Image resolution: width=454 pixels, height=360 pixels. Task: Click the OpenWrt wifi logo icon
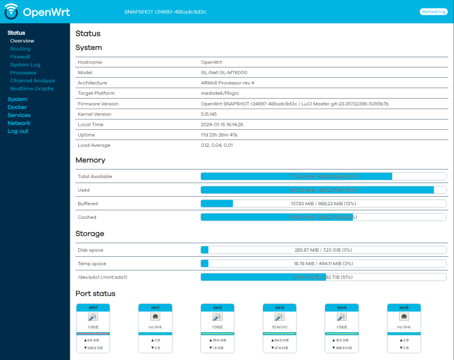(11, 11)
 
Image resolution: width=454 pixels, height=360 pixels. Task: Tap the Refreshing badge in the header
(433, 11)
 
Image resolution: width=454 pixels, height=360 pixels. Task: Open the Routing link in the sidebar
(20, 49)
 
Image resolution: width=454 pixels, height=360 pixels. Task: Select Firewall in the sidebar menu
(20, 57)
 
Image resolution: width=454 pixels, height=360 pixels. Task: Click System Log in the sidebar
(25, 65)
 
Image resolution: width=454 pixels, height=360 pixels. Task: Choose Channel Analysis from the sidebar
(32, 81)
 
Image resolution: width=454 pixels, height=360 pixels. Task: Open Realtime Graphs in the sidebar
(32, 88)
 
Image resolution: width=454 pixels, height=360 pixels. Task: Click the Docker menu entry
(17, 107)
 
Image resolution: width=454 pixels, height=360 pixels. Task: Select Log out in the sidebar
(18, 131)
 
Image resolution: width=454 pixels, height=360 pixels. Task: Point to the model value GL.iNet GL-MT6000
(224, 73)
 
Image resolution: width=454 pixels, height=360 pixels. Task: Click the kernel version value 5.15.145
(209, 114)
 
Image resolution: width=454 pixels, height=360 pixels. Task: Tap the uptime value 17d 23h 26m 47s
(219, 135)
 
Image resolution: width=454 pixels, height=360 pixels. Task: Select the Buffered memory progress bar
(323, 204)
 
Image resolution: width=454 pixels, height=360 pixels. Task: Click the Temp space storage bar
(323, 264)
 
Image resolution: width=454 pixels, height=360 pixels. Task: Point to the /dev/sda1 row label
(102, 277)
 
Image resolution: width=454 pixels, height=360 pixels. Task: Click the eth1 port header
(93, 307)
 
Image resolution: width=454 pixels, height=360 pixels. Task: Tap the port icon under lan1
(155, 317)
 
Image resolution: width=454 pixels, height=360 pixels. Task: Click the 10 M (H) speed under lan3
(279, 327)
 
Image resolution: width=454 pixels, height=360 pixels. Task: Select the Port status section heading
(95, 294)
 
